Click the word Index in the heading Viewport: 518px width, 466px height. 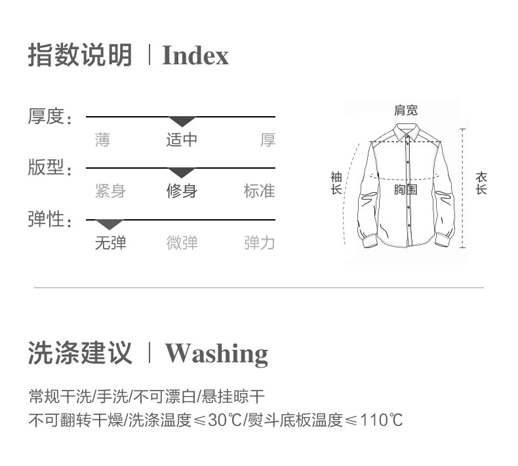click(x=195, y=56)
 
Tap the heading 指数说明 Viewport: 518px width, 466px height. click(x=79, y=56)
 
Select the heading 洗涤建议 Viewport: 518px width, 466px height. click(x=79, y=353)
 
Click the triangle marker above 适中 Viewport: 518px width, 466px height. click(x=182, y=121)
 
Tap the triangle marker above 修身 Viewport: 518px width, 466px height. click(x=182, y=173)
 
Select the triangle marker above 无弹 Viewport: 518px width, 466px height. click(x=110, y=224)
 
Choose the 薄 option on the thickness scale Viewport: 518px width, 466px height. click(x=102, y=140)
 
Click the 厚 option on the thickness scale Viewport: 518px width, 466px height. click(x=268, y=140)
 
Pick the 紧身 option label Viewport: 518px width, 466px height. click(x=110, y=191)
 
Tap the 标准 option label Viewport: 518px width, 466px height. click(x=260, y=191)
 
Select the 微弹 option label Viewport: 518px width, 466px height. click(x=182, y=243)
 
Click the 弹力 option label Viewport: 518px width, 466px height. click(x=260, y=243)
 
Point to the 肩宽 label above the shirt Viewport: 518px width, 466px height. click(x=405, y=110)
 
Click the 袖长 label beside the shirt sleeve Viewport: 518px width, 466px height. click(x=336, y=183)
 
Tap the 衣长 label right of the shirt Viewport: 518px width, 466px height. click(x=482, y=183)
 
